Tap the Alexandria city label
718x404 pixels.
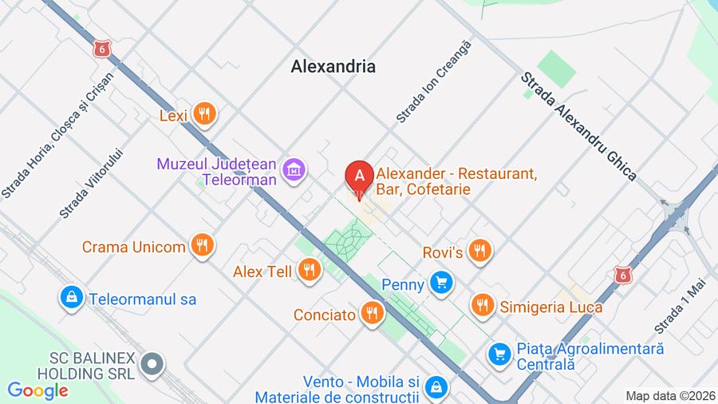click(x=333, y=67)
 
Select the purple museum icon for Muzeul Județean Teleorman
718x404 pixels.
click(x=294, y=168)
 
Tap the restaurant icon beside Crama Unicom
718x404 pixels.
click(x=203, y=246)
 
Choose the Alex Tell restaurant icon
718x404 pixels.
click(x=309, y=271)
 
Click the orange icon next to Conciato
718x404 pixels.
click(x=372, y=314)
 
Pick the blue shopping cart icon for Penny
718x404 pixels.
click(x=440, y=283)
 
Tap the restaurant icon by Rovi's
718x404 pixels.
click(x=479, y=252)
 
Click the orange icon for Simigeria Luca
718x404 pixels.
click(x=482, y=306)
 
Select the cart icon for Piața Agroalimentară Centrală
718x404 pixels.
click(x=499, y=351)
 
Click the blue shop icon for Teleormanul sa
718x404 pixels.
click(x=72, y=299)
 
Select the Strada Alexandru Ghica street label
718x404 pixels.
click(x=578, y=126)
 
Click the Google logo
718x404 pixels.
click(x=37, y=390)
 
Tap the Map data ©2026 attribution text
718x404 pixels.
click(x=669, y=395)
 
